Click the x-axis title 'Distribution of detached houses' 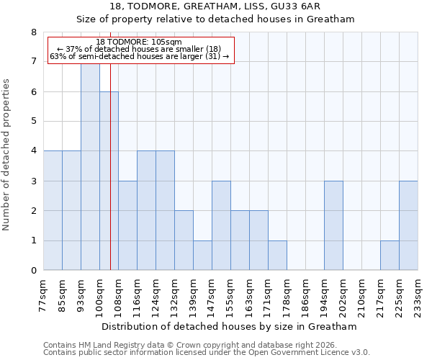coord(230,326)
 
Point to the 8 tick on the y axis coord(33,32)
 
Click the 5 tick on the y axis coord(33,122)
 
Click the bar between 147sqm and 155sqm coord(221,225)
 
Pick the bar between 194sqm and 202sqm coord(333,225)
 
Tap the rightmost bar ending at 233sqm coord(408,225)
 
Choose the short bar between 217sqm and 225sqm coord(390,256)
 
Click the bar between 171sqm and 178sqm coord(277,256)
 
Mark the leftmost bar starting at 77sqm coord(53,210)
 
